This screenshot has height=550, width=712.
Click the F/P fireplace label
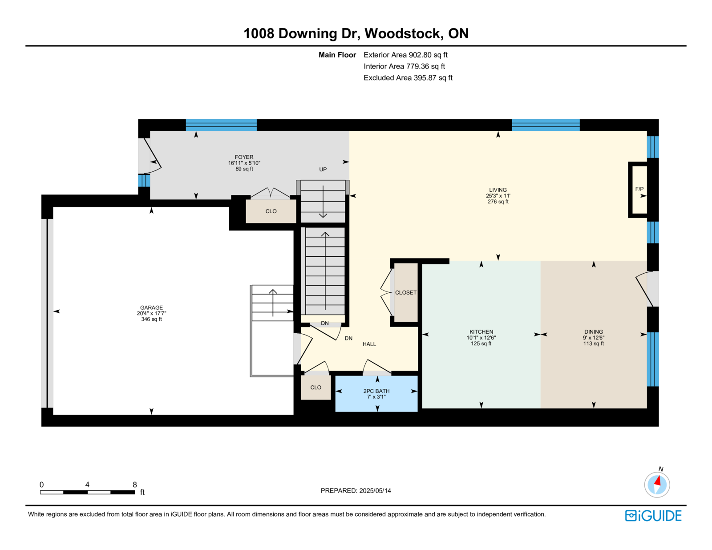[x=639, y=189]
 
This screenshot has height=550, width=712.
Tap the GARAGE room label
[x=151, y=307]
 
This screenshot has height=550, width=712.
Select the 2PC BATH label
[x=376, y=391]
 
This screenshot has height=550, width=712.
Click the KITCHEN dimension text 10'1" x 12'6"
[x=481, y=338]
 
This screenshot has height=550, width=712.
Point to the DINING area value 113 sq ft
[x=593, y=344]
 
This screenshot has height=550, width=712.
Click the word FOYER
[x=244, y=157]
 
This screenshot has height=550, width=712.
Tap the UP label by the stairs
[x=323, y=170]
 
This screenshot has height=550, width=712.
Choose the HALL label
[x=369, y=344]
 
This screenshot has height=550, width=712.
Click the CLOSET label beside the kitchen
[x=406, y=292]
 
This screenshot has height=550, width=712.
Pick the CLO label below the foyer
[x=271, y=211]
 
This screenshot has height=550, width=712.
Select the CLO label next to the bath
[x=316, y=388]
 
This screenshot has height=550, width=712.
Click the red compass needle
[x=657, y=481]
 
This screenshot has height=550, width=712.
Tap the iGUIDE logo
[x=653, y=516]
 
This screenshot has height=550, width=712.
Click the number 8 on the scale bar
[x=135, y=485]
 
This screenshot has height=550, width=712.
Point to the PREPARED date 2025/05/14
[x=375, y=491]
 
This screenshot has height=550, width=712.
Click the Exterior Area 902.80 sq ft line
[x=405, y=55]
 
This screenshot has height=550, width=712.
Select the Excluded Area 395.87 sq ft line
[x=408, y=78]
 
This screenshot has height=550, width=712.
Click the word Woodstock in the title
[x=403, y=33]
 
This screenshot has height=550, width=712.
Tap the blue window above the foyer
[x=221, y=125]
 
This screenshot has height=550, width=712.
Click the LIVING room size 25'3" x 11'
[x=498, y=196]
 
